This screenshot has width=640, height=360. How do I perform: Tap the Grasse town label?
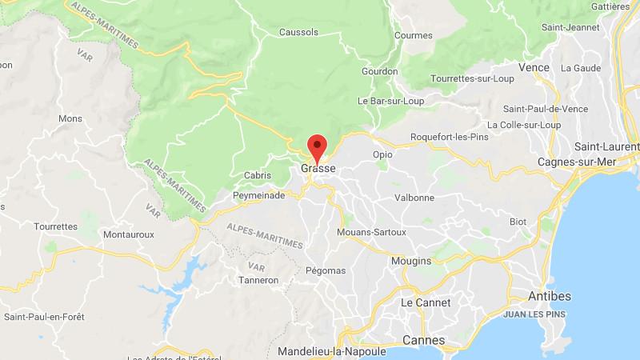[x=318, y=170]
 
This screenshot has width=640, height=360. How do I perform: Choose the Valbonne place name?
[x=417, y=197]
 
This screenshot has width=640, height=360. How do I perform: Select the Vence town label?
[x=534, y=67]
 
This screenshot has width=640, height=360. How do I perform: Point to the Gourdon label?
[x=379, y=71]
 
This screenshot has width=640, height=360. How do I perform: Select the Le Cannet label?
[x=426, y=302]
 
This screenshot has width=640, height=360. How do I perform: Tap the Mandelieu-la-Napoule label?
[x=332, y=352]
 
